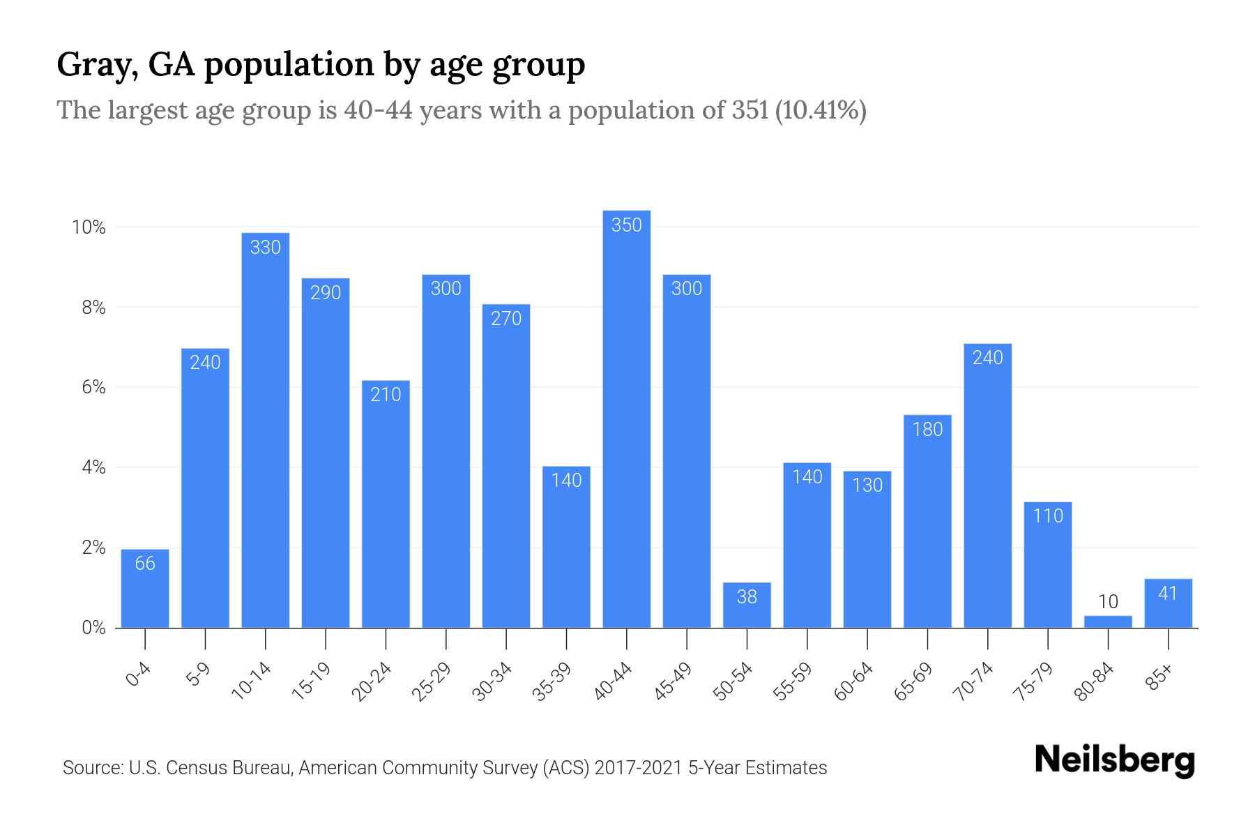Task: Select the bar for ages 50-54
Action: (747, 605)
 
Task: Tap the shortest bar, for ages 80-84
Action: (1108, 621)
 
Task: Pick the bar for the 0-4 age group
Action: (145, 589)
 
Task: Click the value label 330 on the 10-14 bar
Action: (265, 248)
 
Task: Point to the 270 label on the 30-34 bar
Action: (506, 319)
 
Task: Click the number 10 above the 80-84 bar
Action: (1108, 602)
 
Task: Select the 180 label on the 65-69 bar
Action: (927, 430)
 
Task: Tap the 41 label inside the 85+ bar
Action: (1168, 594)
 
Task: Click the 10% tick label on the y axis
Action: (89, 227)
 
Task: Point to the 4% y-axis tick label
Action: (93, 467)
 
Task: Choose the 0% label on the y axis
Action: (93, 628)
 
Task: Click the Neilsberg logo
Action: (1114, 760)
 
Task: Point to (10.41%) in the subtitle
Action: (820, 110)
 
